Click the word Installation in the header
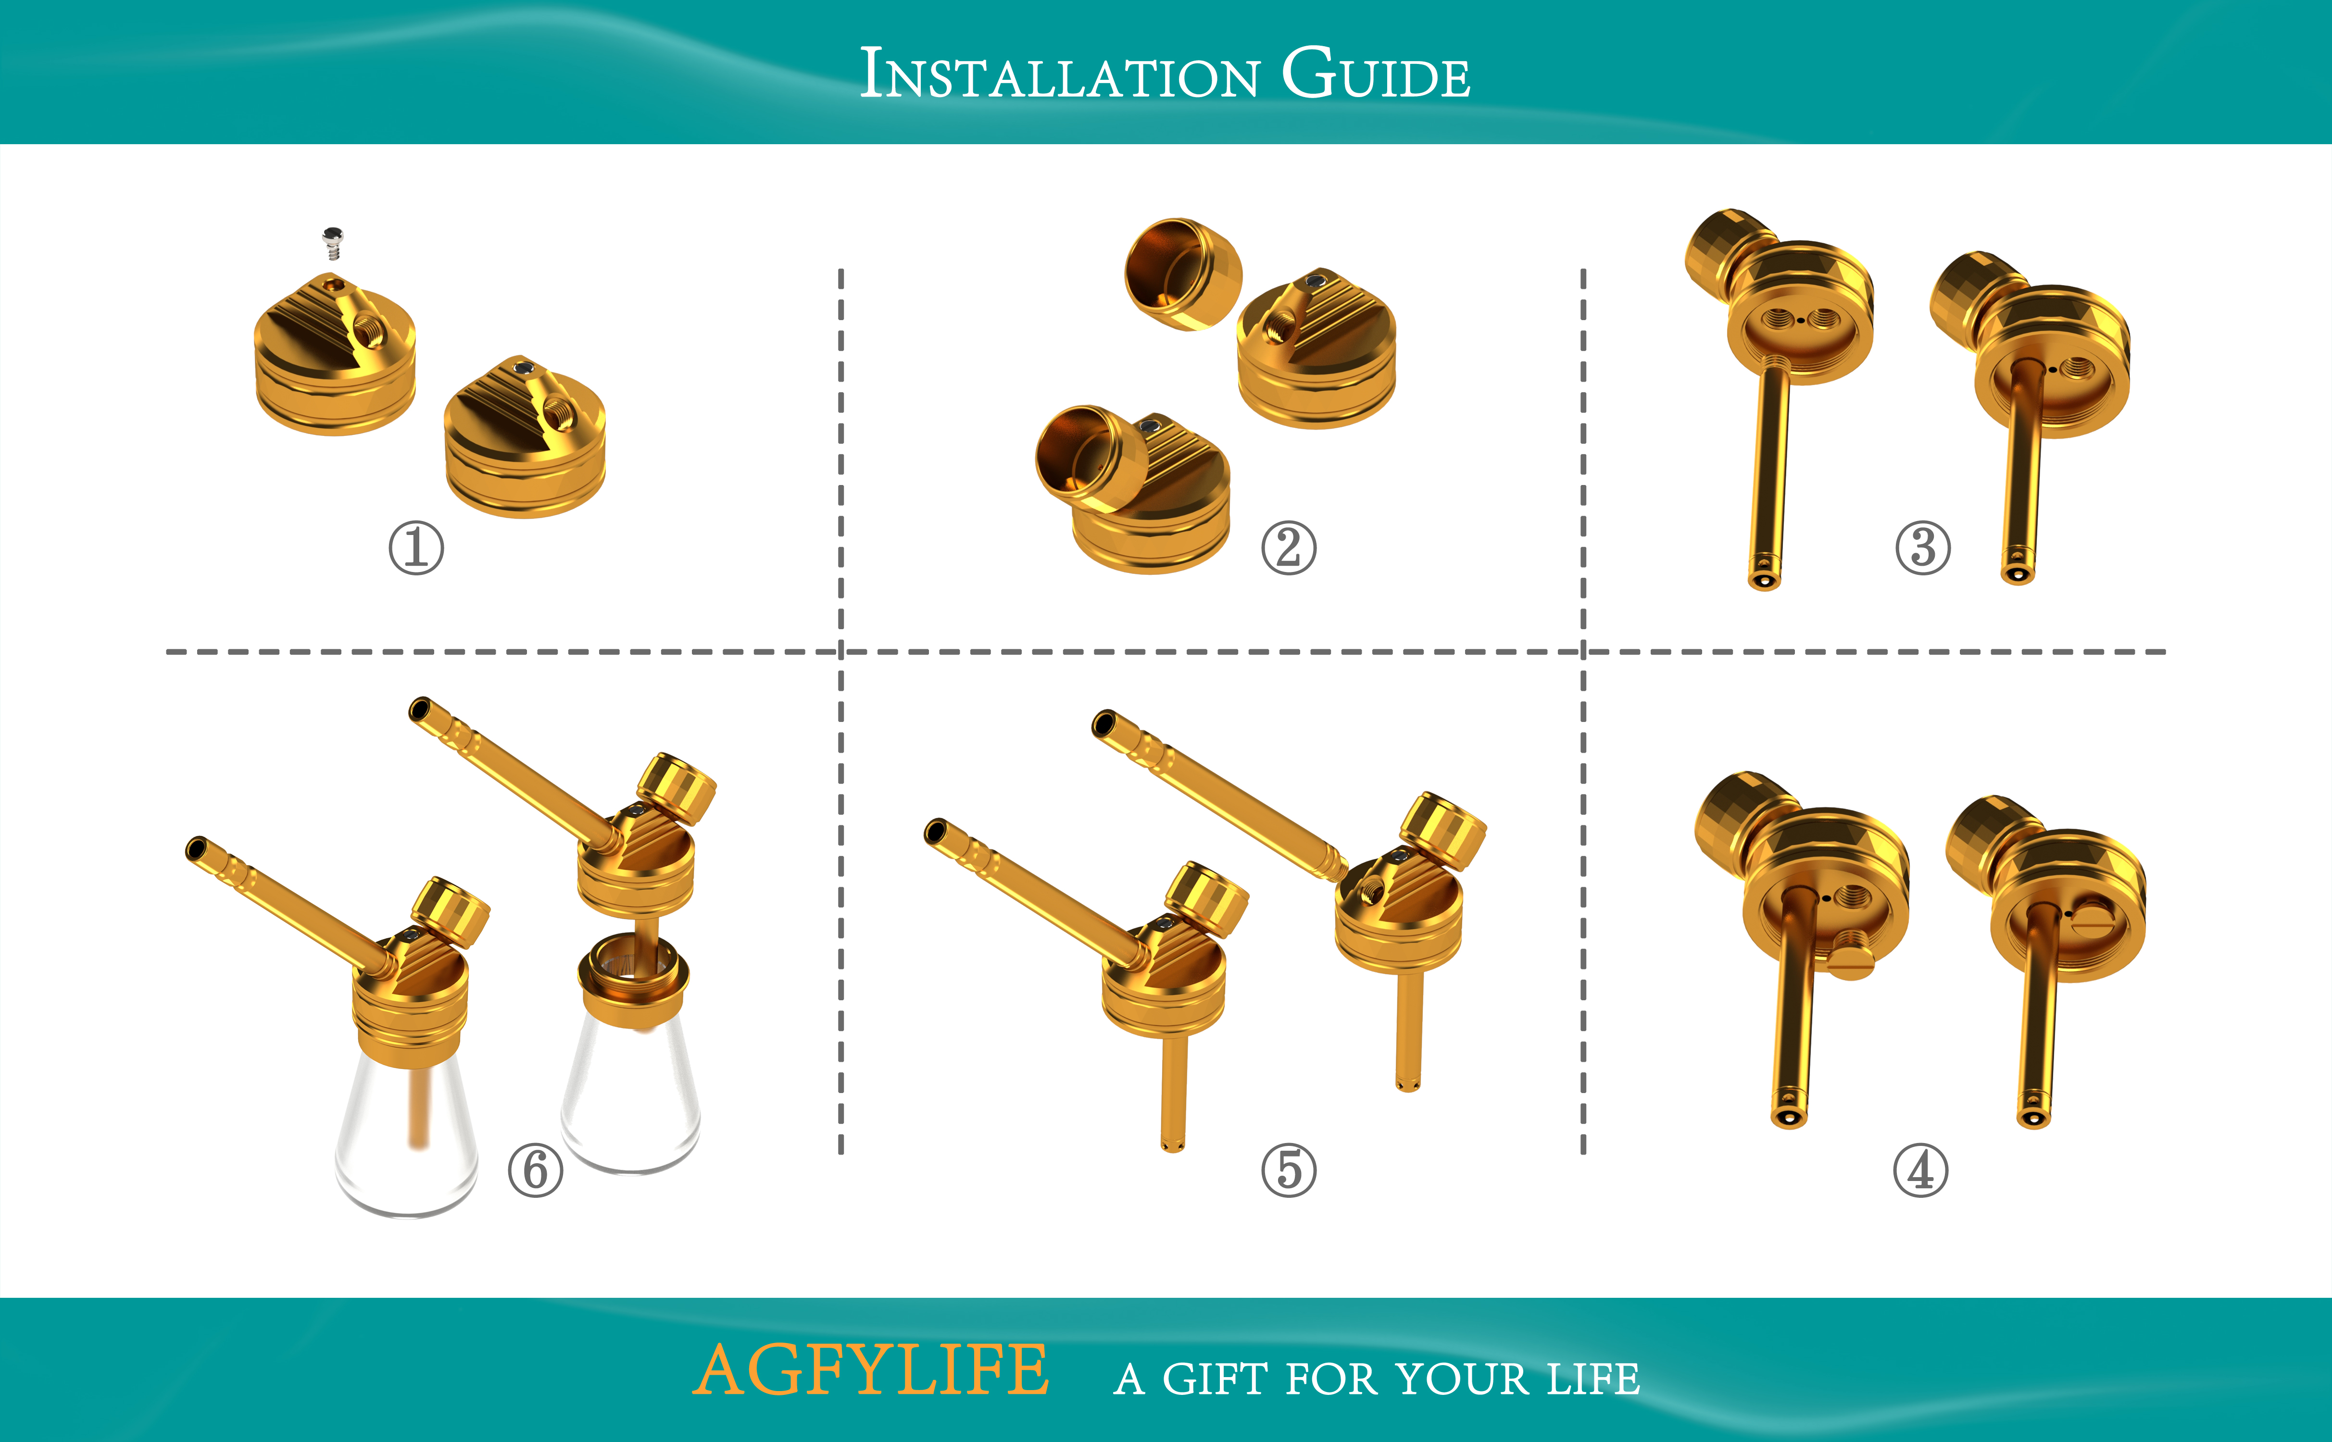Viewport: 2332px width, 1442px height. coord(1059,75)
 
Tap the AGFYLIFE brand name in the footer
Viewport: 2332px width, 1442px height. coord(870,1370)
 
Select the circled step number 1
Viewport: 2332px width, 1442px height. coord(416,548)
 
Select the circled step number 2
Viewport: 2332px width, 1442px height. coord(1289,548)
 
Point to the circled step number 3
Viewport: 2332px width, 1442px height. coord(1923,548)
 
